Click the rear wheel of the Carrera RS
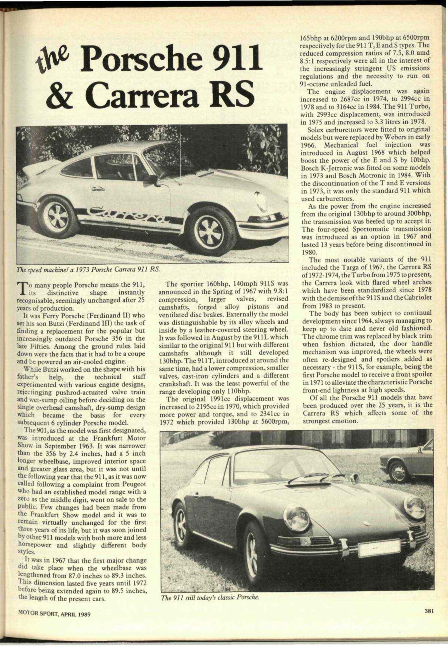coord(58,216)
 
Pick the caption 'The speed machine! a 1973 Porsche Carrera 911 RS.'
coord(89,270)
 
